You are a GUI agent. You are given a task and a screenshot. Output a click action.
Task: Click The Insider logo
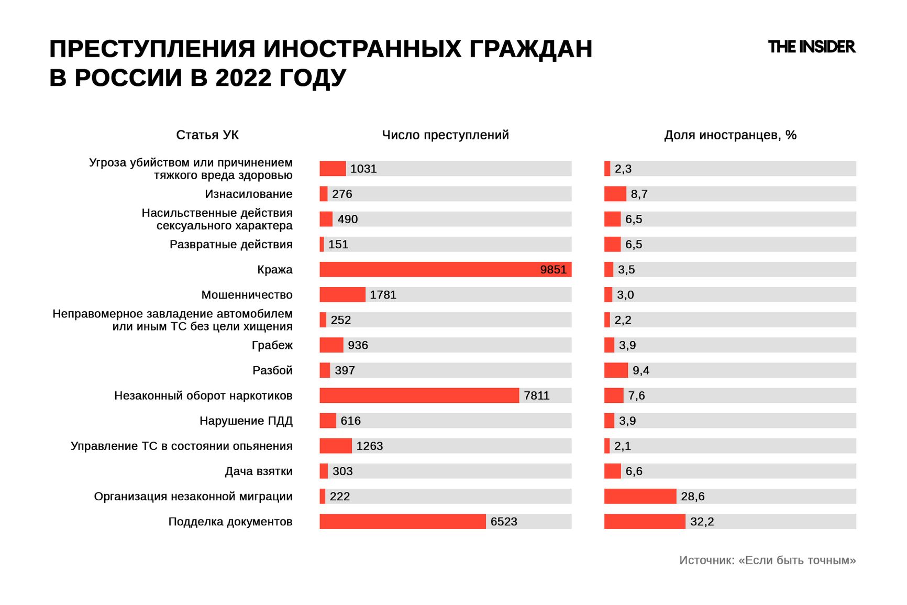click(811, 47)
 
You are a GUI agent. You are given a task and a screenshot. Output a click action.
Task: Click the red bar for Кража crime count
click(429, 270)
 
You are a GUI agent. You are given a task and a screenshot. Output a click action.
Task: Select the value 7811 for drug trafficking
click(537, 396)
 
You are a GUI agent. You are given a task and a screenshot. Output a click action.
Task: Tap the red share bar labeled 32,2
click(645, 522)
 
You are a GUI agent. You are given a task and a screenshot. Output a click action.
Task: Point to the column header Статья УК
click(207, 135)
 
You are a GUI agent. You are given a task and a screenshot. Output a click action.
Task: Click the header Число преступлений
click(445, 135)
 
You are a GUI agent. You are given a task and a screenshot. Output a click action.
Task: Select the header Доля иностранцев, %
click(730, 135)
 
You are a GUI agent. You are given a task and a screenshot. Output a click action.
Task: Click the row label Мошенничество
click(247, 295)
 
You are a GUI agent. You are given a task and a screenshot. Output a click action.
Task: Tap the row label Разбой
click(272, 371)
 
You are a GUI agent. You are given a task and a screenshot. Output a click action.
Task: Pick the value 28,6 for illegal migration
click(692, 497)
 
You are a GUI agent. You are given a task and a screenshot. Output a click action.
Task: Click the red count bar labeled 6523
click(402, 522)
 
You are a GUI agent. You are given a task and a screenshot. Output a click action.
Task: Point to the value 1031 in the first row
click(363, 169)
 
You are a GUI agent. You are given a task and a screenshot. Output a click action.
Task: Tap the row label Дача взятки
click(259, 471)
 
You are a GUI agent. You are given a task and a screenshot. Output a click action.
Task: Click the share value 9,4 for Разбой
click(640, 371)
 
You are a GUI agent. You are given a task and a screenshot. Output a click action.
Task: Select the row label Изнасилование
click(248, 194)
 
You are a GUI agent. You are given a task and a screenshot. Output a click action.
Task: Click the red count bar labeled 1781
click(342, 295)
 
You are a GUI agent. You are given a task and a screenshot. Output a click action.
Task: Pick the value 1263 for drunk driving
click(369, 446)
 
